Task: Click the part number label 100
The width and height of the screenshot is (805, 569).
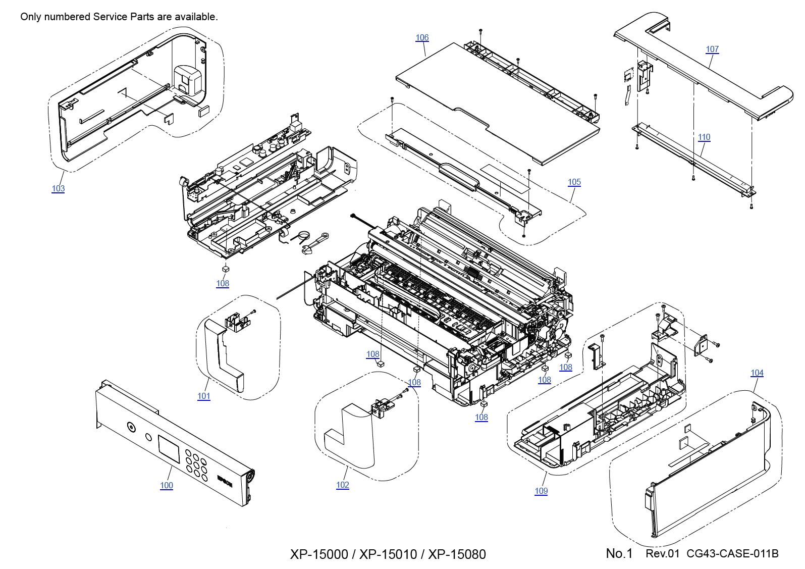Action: tap(167, 486)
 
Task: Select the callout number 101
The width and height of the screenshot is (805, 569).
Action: tap(204, 396)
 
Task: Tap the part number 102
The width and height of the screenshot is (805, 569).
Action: tap(343, 485)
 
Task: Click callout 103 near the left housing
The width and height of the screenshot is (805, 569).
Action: tap(58, 189)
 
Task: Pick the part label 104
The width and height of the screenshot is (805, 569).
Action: tap(757, 373)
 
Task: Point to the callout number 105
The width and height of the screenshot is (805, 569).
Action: tap(574, 182)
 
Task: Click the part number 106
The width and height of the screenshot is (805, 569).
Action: tap(422, 38)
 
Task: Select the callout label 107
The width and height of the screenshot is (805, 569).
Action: tap(712, 49)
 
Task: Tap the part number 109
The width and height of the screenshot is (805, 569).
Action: tap(541, 491)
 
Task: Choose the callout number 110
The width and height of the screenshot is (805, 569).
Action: tap(704, 137)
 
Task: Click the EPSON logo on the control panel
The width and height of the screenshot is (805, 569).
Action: tap(225, 481)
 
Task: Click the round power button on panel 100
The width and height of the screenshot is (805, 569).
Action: tap(131, 428)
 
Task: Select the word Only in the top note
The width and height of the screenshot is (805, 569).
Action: tap(30, 17)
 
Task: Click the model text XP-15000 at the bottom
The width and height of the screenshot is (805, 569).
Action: tap(319, 554)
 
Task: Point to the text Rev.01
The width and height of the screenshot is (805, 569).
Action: tap(663, 554)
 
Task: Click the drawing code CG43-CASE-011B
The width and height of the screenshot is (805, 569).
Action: tap(732, 554)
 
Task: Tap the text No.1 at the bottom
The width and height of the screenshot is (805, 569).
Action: tap(619, 554)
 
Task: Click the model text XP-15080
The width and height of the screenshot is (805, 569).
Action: tap(457, 554)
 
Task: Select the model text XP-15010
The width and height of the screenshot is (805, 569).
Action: tap(388, 554)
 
